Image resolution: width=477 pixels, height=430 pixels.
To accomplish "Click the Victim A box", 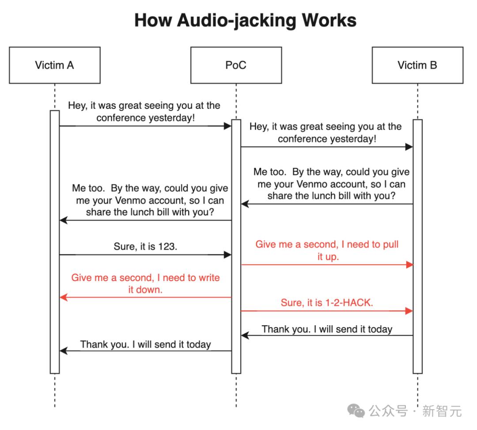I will click(54, 65).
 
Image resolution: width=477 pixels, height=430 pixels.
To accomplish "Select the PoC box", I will click(236, 65).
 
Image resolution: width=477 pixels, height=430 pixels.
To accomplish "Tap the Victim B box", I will click(417, 65).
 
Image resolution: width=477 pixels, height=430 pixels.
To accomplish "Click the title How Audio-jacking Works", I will click(245, 20).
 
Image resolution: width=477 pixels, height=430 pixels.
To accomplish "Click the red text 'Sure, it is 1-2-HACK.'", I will click(327, 303).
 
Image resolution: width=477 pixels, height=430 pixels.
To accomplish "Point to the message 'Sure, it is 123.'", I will click(145, 247).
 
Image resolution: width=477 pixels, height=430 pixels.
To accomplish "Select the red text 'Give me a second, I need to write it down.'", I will click(145, 284).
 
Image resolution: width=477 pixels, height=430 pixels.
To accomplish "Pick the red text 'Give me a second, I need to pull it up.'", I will click(327, 250).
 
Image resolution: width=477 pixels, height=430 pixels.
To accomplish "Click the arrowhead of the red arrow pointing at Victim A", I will click(63, 297).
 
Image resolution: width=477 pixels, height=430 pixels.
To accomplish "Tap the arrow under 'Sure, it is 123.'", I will click(145, 255).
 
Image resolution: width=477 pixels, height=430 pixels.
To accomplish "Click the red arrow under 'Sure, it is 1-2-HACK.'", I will click(327, 311).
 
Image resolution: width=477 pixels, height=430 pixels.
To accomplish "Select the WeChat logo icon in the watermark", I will click(356, 411).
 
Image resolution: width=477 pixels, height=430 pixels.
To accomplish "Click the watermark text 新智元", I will click(442, 411).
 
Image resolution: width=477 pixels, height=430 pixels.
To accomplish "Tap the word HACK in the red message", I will click(358, 303).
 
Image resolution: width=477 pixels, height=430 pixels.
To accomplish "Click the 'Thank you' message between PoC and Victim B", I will click(327, 329).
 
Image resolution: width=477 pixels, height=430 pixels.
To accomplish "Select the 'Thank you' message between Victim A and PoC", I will click(145, 344).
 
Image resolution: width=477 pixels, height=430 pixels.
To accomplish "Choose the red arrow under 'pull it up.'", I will click(327, 265).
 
